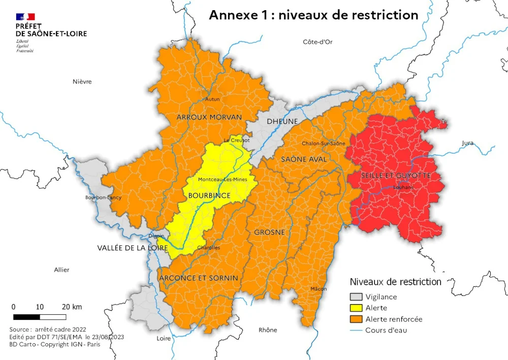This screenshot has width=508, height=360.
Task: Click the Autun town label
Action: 212,99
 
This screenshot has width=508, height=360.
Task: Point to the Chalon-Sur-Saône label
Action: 324,143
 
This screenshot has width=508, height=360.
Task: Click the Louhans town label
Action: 404,187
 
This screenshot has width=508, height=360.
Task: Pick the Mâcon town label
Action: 319,289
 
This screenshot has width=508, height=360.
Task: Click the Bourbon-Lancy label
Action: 103,197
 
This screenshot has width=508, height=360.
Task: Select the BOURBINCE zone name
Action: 209,195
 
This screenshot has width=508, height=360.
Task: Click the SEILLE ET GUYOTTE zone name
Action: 396,175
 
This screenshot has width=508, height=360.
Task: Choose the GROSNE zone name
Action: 269,232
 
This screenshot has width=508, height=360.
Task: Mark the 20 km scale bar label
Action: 72,307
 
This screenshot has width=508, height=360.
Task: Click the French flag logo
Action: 25,17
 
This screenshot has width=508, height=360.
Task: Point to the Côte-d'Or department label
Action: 317,42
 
